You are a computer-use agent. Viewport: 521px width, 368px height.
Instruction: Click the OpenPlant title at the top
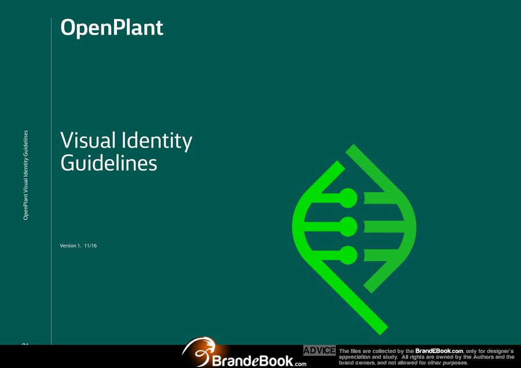[x=112, y=28]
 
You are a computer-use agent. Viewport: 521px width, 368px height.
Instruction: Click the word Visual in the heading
[x=88, y=140]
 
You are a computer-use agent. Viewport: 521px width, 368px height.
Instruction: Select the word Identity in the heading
[x=157, y=141]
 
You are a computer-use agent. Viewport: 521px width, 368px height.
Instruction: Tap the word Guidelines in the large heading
[x=109, y=163]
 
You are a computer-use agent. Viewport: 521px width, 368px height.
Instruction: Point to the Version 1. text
[x=71, y=246]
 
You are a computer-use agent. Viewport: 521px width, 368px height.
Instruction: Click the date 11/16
[x=90, y=246]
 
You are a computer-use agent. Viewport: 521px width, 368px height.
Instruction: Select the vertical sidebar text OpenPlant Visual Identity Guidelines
[x=25, y=175]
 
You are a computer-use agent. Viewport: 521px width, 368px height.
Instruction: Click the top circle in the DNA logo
[x=348, y=198]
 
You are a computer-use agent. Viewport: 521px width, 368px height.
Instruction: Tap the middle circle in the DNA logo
[x=348, y=226]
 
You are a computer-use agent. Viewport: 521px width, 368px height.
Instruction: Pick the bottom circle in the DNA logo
[x=348, y=255]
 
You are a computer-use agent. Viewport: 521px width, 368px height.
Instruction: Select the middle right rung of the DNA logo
[x=384, y=226]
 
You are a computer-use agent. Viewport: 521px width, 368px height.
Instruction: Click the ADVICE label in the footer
[x=320, y=351]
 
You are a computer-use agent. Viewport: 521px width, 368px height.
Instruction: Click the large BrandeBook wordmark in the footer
[x=252, y=360]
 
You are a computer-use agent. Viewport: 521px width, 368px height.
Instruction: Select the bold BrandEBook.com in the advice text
[x=439, y=351]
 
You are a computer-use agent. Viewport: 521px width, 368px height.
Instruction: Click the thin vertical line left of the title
[x=51, y=181]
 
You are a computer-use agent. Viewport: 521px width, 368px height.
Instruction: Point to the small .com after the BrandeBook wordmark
[x=300, y=364]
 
